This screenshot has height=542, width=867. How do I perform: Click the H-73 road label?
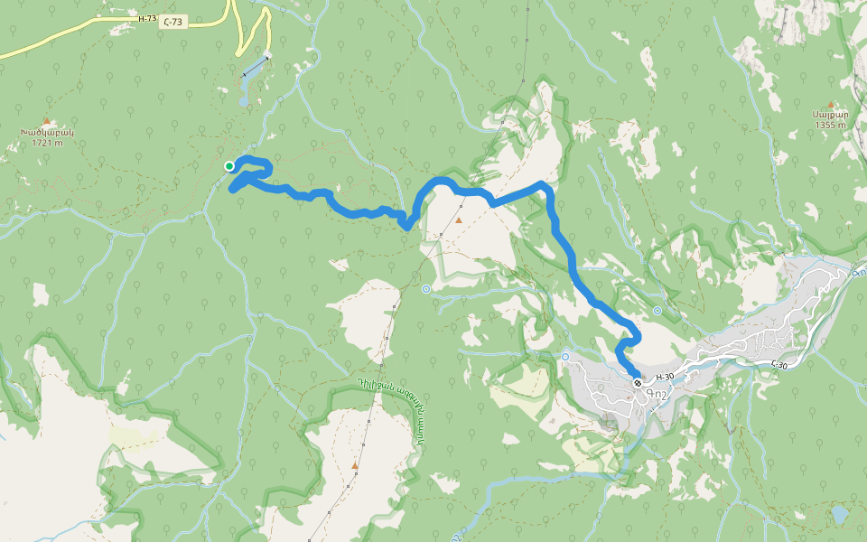(x=147, y=18)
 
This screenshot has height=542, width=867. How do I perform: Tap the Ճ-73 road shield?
(x=175, y=23)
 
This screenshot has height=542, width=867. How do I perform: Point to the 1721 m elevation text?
(x=46, y=143)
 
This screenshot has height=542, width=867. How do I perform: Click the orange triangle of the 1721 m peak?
(x=46, y=120)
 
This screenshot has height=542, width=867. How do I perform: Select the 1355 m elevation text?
(x=829, y=125)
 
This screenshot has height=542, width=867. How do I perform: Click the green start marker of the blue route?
(x=229, y=165)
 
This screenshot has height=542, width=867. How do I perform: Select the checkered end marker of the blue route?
(x=638, y=383)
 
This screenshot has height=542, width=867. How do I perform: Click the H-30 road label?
(x=665, y=377)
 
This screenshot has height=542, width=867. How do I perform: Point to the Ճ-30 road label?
(x=782, y=364)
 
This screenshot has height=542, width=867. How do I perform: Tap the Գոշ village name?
(x=658, y=393)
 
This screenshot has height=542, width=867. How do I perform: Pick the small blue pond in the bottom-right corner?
(x=840, y=514)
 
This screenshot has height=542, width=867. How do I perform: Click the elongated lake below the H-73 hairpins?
(x=249, y=81)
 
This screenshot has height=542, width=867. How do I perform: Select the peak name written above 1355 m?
(x=829, y=115)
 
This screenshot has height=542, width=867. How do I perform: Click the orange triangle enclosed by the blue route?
(x=459, y=220)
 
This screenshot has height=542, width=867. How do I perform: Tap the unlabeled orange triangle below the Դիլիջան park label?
(x=355, y=466)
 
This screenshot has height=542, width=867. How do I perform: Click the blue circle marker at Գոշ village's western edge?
(x=565, y=357)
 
